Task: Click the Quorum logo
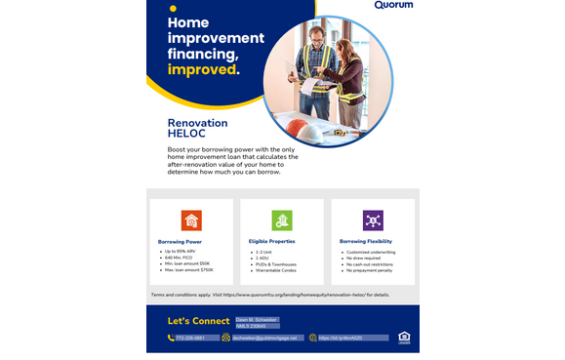tap(393, 6)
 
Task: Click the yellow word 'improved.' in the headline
tap(203, 70)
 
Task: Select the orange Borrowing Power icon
tap(191, 220)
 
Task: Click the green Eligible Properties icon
tap(282, 220)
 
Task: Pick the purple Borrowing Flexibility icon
tap(373, 220)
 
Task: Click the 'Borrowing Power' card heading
tap(179, 241)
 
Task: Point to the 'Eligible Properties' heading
tap(271, 241)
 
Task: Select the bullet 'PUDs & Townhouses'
tap(274, 265)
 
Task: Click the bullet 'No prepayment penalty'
tap(370, 272)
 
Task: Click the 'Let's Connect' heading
tap(198, 320)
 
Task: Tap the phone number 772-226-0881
tap(191, 338)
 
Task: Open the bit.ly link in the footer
tap(342, 338)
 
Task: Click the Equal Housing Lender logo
tap(404, 338)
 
